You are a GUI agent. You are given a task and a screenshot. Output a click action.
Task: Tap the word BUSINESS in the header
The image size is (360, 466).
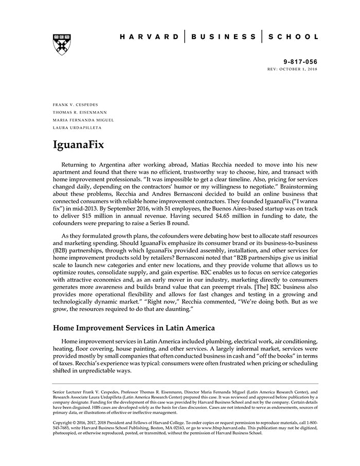[x=224, y=37]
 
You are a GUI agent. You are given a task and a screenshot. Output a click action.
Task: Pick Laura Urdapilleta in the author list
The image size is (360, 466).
[x=76, y=128]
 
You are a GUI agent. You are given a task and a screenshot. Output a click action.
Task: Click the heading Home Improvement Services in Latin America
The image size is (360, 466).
[x=134, y=328]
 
